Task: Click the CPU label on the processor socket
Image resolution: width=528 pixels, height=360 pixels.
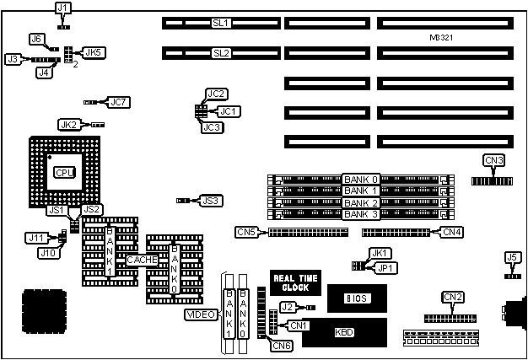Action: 63,172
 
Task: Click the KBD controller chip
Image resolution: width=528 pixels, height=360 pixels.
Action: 344,332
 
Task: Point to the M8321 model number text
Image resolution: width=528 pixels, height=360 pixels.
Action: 444,40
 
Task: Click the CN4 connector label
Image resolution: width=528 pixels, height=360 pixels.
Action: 451,231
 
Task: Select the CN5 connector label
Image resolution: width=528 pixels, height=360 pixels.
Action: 245,231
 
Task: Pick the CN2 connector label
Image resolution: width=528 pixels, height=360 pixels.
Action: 453,296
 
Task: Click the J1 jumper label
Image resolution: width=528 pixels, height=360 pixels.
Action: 63,8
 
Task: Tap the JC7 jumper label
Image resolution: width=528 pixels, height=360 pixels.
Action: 118,102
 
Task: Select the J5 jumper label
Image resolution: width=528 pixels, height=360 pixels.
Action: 511,257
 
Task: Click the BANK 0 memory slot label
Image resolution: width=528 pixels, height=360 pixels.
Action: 362,179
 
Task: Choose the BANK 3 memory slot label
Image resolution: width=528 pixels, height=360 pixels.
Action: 362,214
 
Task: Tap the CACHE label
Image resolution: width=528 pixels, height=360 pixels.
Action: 142,261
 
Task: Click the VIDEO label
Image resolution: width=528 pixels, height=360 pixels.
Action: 201,315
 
